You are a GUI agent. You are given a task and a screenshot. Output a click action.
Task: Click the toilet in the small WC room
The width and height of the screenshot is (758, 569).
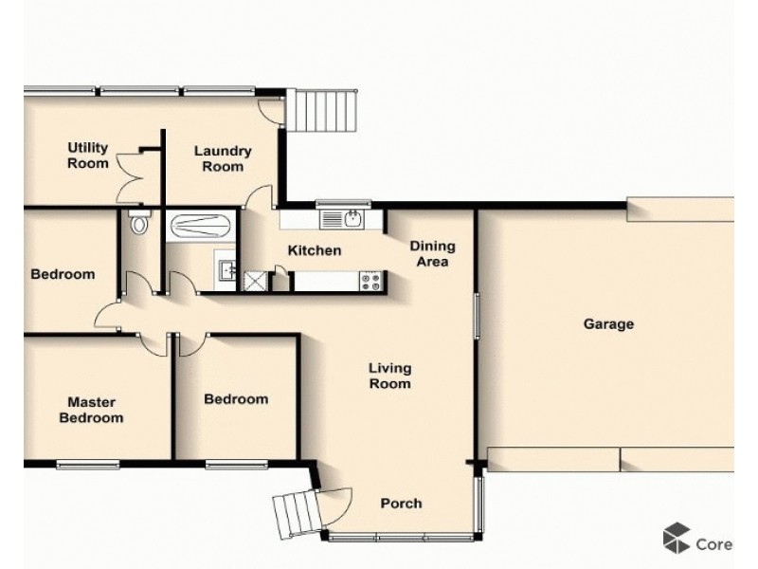pyautogui.click(x=140, y=225)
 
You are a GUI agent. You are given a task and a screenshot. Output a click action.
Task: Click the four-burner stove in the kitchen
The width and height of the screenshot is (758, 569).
pyautogui.click(x=370, y=281)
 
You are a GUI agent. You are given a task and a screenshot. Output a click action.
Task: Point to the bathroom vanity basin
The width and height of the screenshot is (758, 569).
pyautogui.click(x=226, y=270)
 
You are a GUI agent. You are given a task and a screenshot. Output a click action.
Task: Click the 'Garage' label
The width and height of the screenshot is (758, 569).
pyautogui.click(x=607, y=324)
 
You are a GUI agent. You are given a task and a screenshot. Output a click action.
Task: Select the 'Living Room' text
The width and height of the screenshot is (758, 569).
pyautogui.click(x=389, y=376)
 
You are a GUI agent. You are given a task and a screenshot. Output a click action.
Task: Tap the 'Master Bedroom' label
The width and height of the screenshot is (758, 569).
pyautogui.click(x=91, y=409)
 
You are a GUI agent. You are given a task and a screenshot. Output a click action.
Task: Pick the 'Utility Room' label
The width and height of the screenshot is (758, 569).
pyautogui.click(x=87, y=156)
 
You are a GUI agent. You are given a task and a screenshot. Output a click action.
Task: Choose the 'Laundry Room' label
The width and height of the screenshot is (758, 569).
pyautogui.click(x=223, y=158)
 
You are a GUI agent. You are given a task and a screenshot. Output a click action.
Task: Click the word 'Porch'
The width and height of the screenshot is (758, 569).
pyautogui.click(x=401, y=503)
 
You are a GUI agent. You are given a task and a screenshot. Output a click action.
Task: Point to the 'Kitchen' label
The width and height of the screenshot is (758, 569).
pyautogui.click(x=314, y=250)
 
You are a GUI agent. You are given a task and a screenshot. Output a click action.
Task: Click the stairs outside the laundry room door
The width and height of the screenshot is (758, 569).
pyautogui.click(x=324, y=111)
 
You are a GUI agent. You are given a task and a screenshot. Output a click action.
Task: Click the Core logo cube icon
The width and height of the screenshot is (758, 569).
pyautogui.click(x=676, y=538)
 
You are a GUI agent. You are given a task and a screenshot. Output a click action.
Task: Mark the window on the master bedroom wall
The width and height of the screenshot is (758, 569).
pyautogui.click(x=87, y=464)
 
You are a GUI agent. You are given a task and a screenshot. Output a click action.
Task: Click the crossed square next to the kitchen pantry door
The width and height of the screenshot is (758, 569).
pyautogui.click(x=254, y=280)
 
